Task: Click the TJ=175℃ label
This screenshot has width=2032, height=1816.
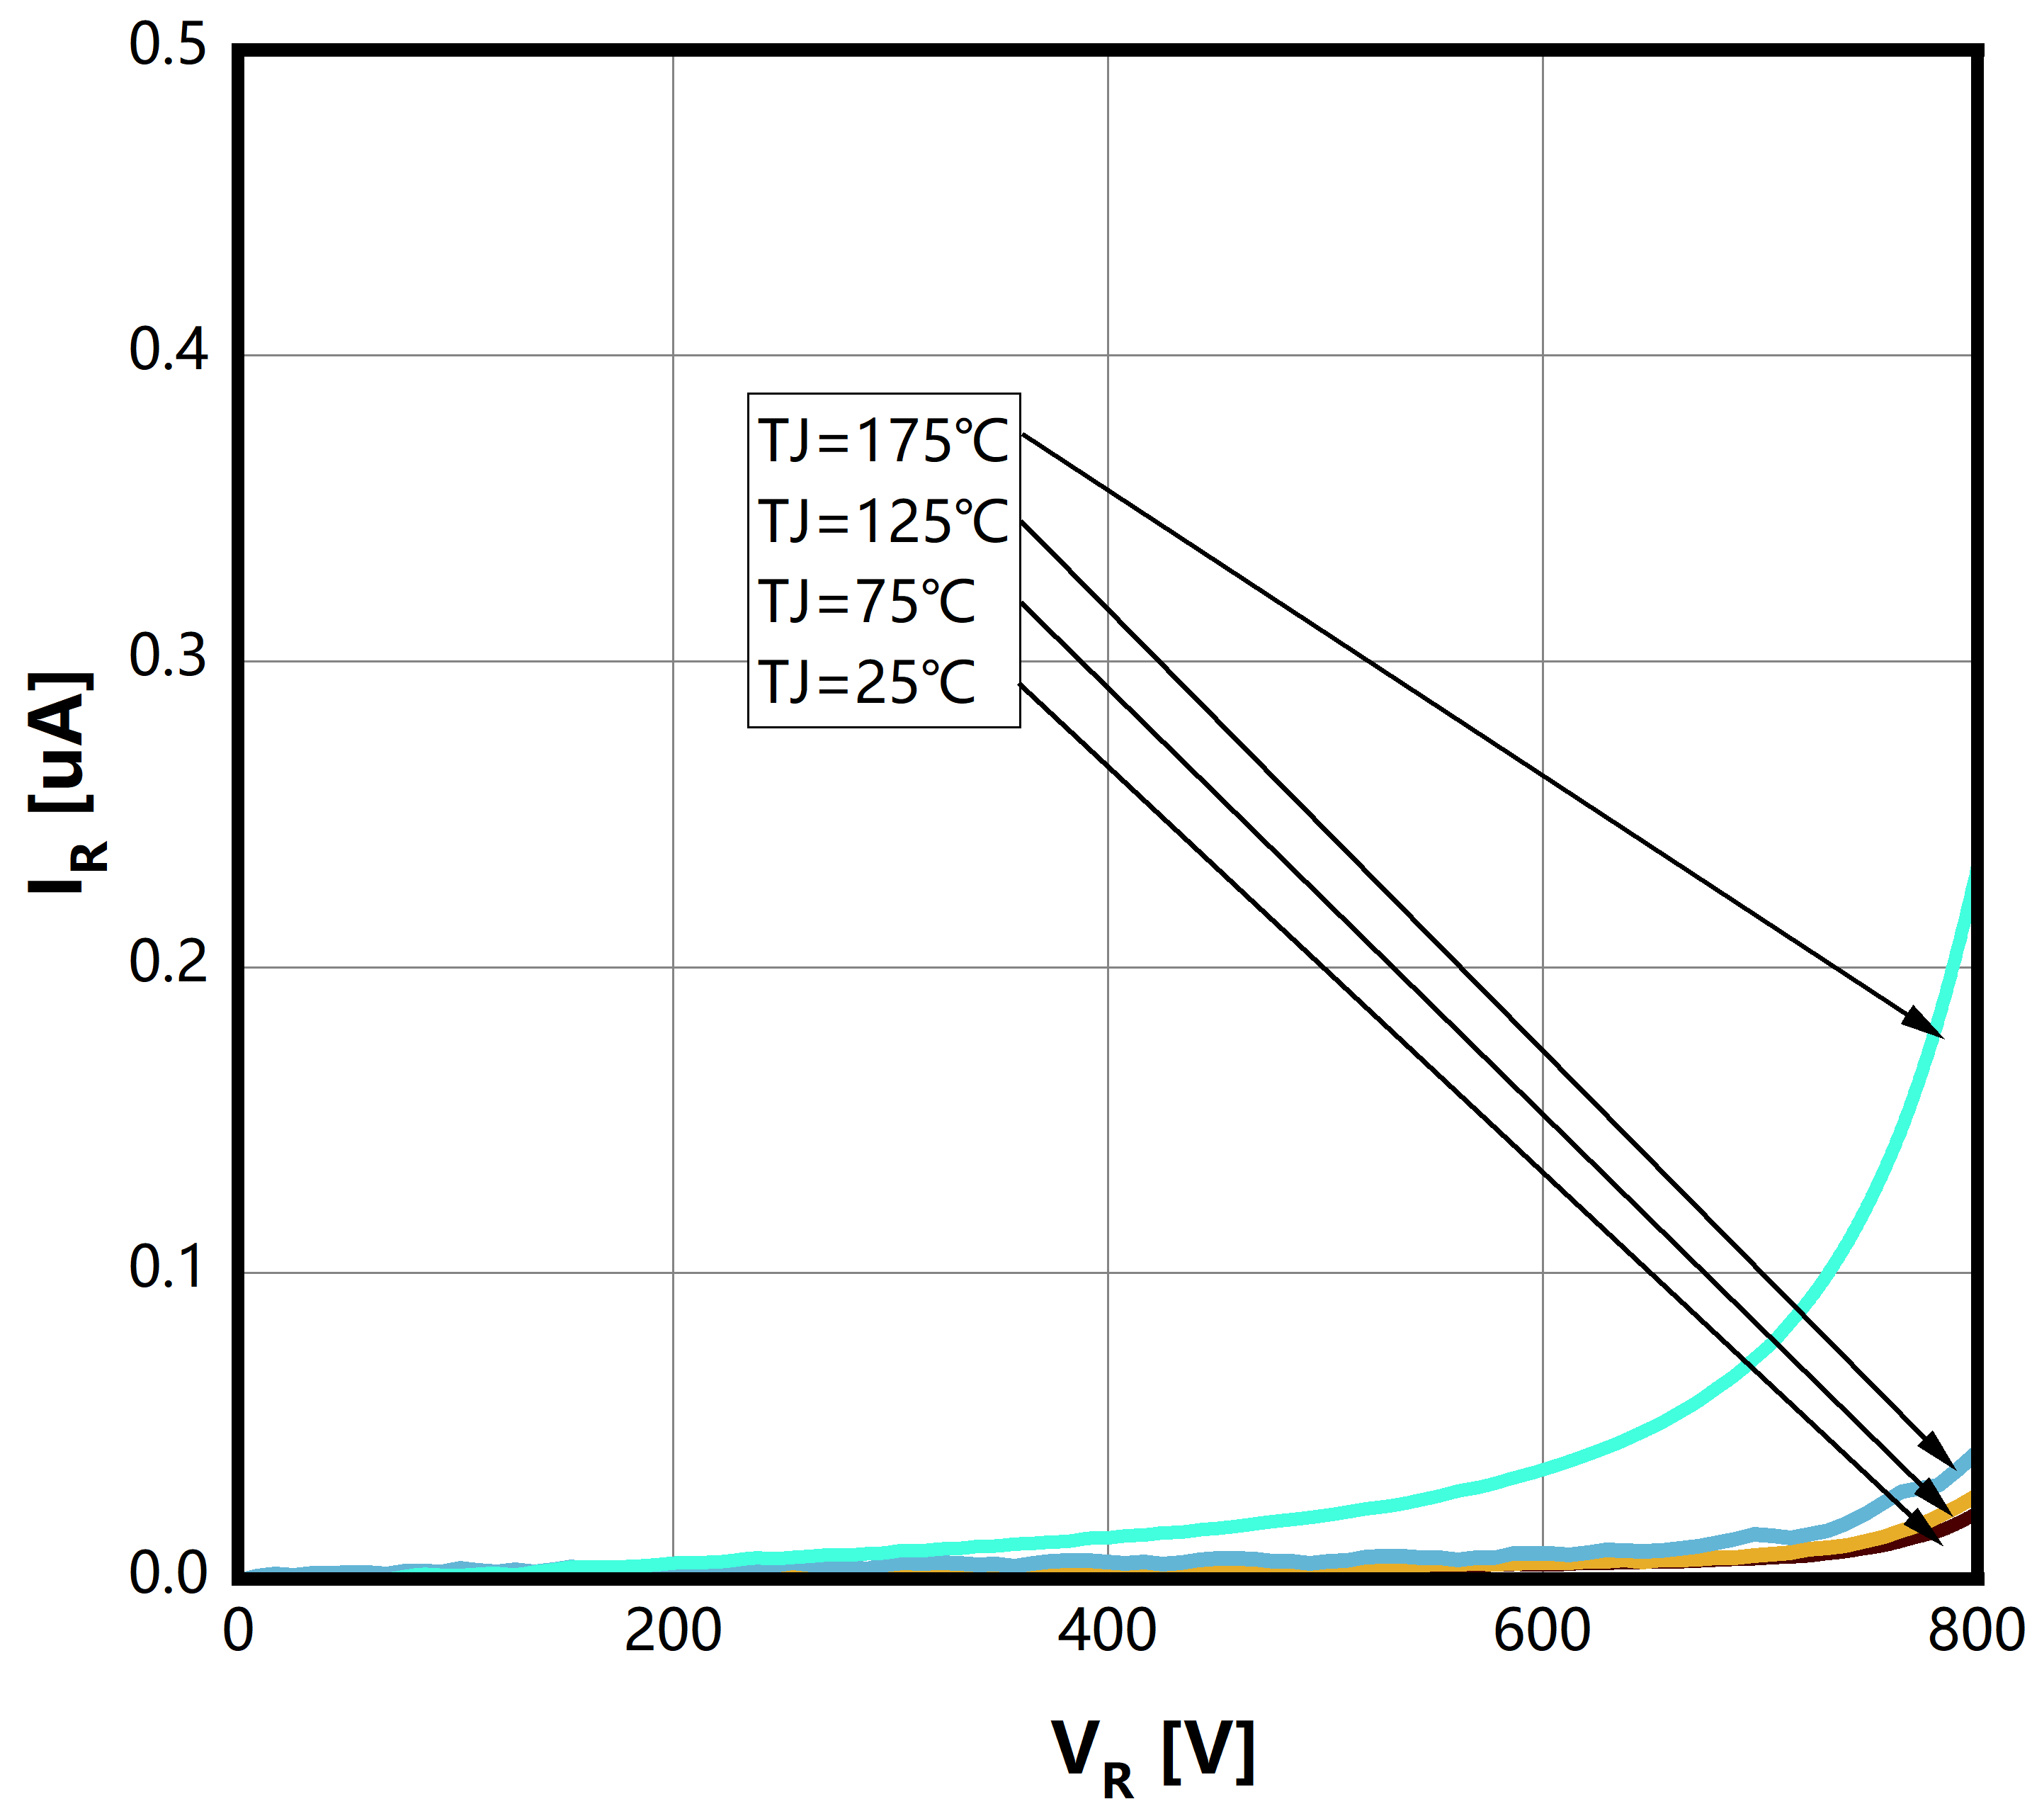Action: pos(882,441)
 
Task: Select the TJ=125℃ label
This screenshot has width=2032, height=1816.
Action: pos(882,522)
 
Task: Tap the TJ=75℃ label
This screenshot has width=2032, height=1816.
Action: pos(866,603)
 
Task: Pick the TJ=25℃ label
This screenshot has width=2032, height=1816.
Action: pos(866,684)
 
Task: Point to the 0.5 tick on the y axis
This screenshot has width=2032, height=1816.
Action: pos(168,46)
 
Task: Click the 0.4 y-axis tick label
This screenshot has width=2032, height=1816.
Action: pos(168,351)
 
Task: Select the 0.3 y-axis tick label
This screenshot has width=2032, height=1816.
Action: pos(168,658)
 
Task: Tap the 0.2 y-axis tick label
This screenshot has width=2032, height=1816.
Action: pos(168,963)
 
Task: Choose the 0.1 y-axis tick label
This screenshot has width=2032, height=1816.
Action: pos(168,1268)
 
